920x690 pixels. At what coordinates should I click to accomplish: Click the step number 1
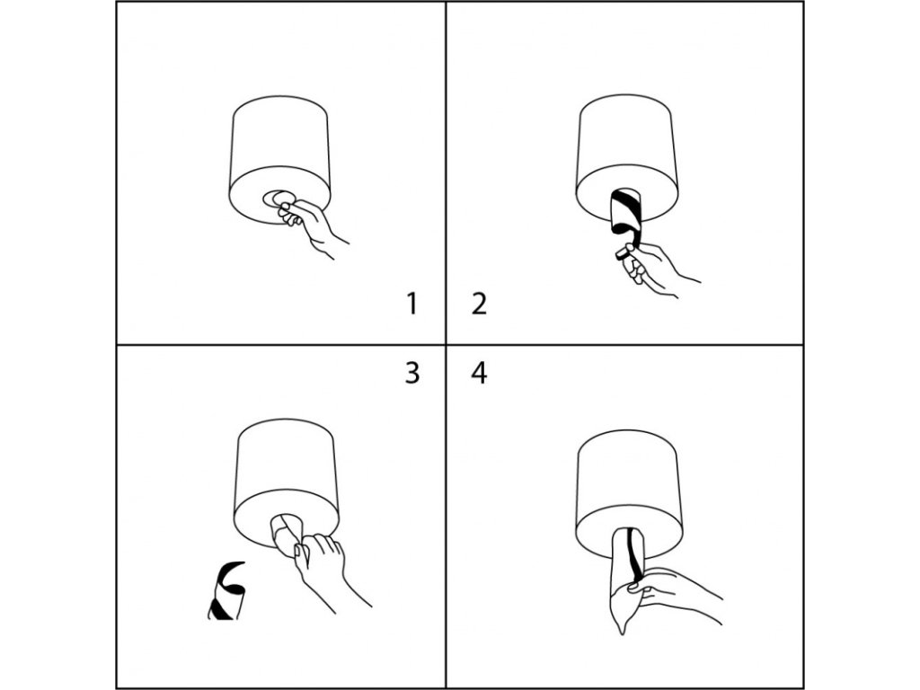(x=411, y=304)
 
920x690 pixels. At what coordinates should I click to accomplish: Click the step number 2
(x=479, y=304)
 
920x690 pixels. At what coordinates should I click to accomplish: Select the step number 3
(x=411, y=373)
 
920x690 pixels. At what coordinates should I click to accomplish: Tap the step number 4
(x=479, y=373)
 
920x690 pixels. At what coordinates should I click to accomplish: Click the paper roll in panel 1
(x=279, y=158)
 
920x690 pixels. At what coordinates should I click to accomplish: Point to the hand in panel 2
(x=651, y=269)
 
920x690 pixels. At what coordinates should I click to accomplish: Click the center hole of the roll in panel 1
(x=279, y=199)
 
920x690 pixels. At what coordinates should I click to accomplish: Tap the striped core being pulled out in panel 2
(x=625, y=212)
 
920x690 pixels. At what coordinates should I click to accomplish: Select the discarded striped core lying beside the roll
(x=226, y=590)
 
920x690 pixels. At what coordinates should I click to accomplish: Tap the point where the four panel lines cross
(x=446, y=344)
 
